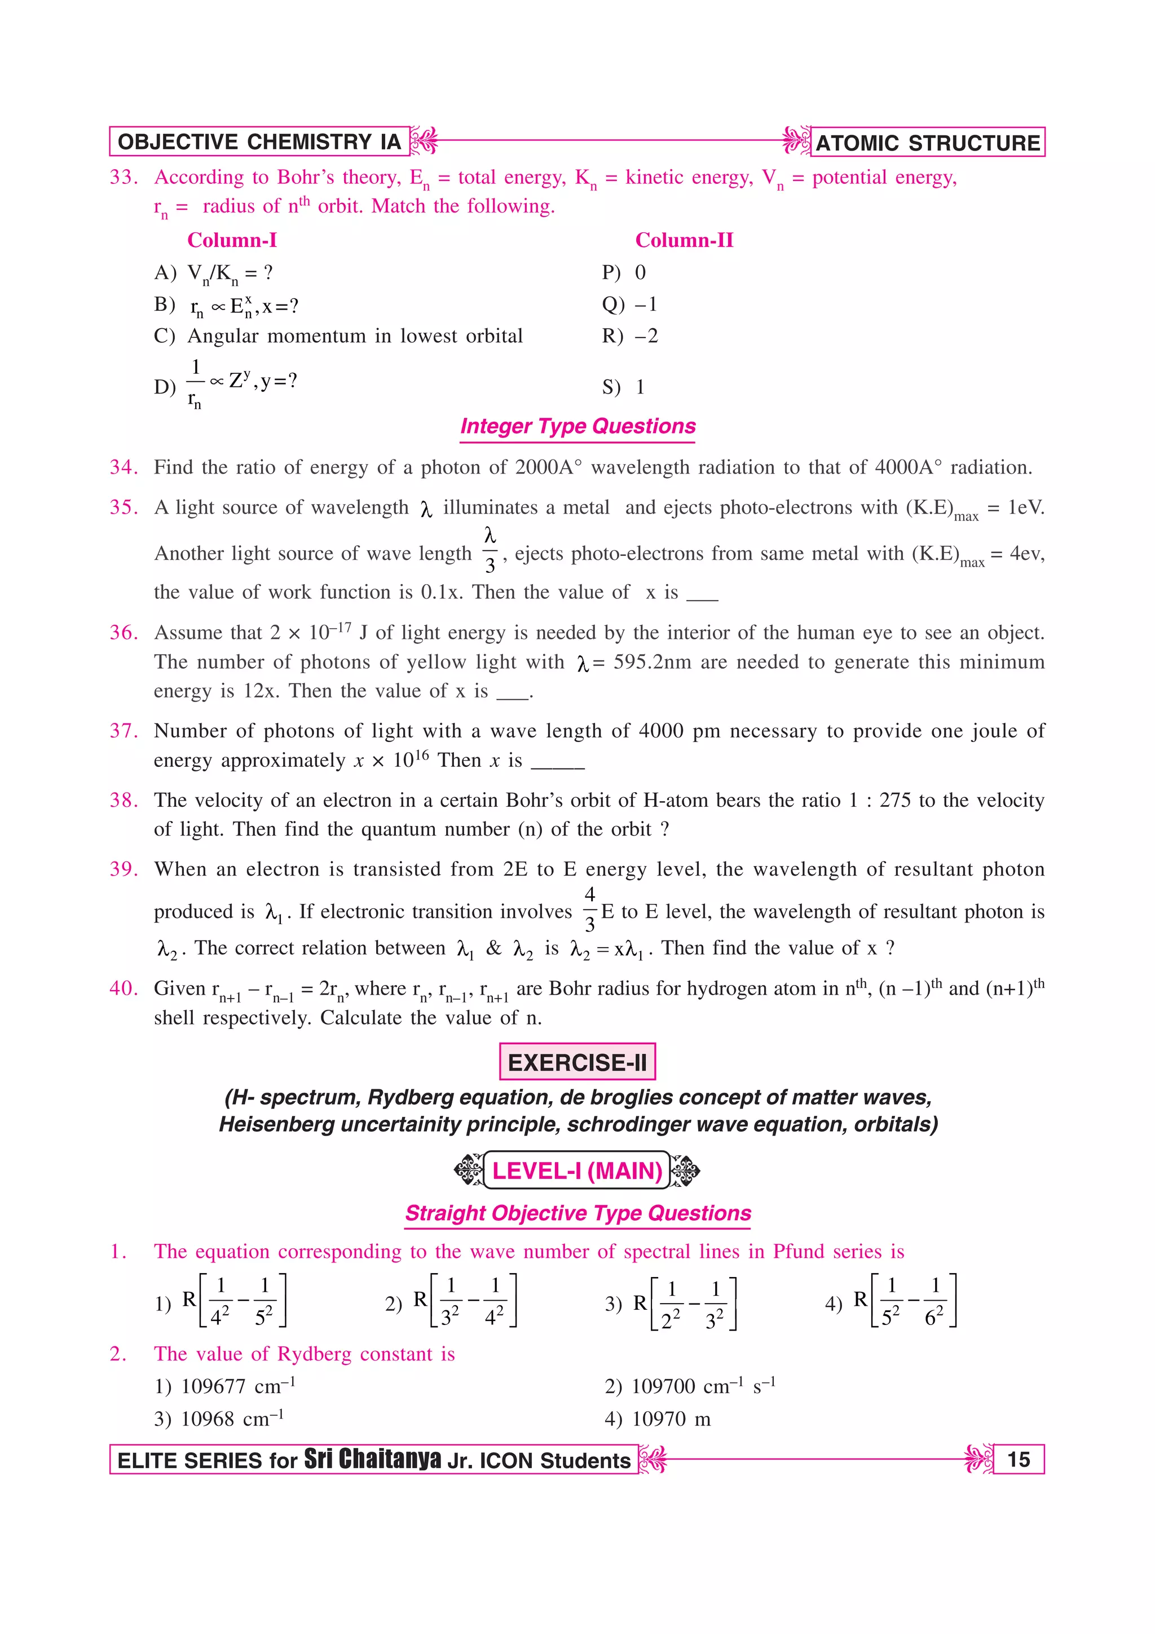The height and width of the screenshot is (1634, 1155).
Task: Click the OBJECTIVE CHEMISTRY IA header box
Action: coord(259,142)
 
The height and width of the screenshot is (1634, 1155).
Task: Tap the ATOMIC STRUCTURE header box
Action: coord(927,142)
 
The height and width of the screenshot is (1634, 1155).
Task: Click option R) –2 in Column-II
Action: coord(630,336)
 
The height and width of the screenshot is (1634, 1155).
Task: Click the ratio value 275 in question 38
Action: coord(894,801)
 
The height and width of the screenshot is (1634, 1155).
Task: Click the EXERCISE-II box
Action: coord(577,1062)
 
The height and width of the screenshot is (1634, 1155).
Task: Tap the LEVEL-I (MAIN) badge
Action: coord(577,1171)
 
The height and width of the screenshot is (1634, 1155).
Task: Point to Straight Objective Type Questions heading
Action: coord(578,1213)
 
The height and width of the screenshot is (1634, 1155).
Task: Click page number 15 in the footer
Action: coord(1019,1460)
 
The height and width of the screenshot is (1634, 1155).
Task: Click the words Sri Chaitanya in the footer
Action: coord(372,1459)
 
